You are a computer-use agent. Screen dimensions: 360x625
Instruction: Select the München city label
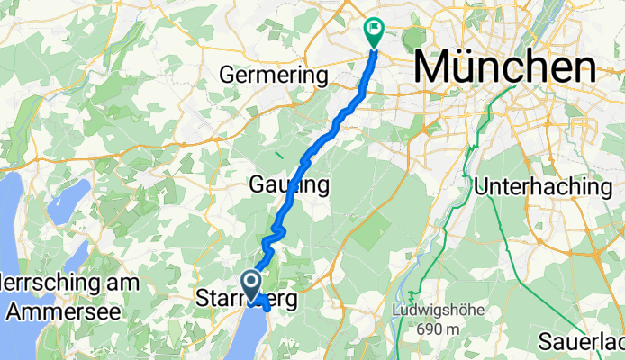[504, 67]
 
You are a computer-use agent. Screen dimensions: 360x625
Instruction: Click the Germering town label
[274, 76]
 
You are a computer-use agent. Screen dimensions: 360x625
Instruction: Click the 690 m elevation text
[435, 328]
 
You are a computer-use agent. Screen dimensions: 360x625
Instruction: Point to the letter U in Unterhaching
[482, 187]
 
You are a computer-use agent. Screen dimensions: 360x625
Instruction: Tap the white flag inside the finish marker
[373, 29]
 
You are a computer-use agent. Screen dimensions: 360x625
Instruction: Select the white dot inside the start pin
[253, 282]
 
